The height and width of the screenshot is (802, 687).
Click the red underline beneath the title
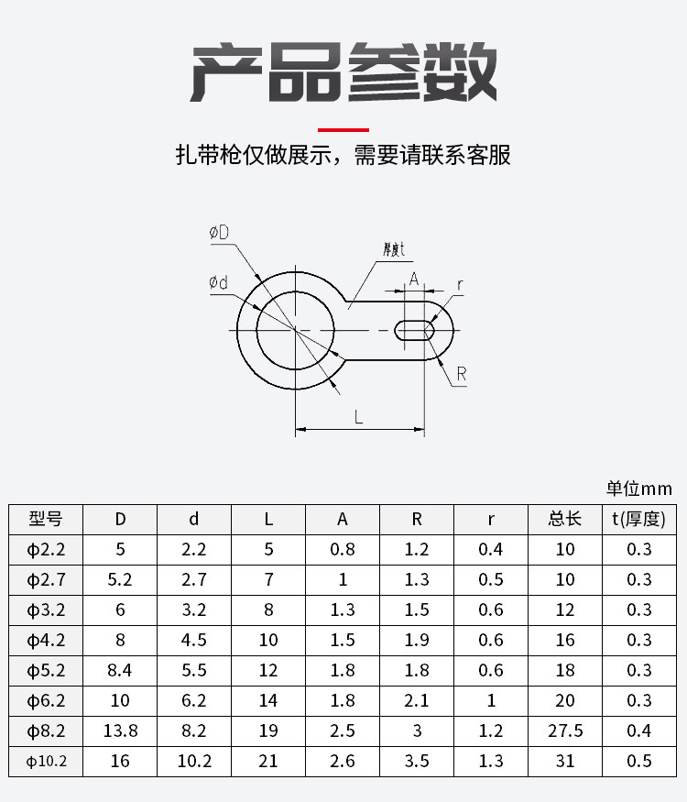[343, 130]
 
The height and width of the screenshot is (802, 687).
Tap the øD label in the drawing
[219, 233]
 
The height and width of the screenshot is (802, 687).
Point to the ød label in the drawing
[218, 281]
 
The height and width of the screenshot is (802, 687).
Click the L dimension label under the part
[359, 417]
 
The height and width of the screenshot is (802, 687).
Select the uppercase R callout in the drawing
[461, 374]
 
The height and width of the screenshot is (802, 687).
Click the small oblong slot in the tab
[415, 330]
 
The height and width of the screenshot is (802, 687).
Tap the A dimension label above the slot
[414, 279]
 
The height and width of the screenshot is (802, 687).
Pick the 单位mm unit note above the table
[639, 489]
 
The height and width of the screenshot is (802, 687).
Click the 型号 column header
[46, 519]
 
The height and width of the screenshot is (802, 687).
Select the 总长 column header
[565, 519]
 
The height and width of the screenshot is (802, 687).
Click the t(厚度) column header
[639, 519]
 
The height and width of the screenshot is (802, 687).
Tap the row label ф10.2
[46, 761]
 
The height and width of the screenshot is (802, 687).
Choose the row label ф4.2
[46, 640]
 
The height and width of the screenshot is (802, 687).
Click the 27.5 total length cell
[565, 731]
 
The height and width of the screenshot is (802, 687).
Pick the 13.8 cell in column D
[120, 731]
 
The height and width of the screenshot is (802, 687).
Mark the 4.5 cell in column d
[194, 640]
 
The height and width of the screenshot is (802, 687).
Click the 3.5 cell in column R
[417, 761]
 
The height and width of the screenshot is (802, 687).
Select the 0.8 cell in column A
[343, 549]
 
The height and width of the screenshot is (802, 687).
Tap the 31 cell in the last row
[565, 761]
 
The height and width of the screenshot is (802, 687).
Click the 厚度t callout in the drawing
[394, 249]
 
